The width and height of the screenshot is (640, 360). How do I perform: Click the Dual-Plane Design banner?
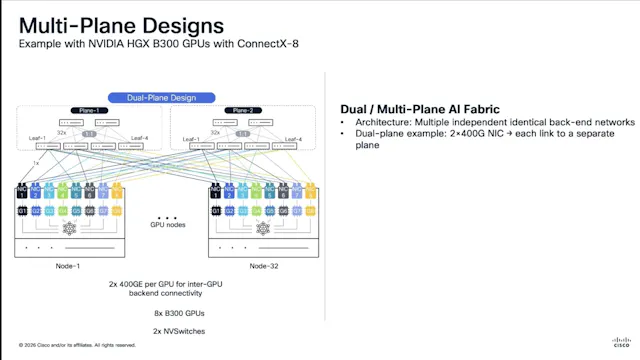click(x=159, y=98)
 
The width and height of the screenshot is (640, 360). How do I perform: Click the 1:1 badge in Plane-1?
click(x=88, y=133)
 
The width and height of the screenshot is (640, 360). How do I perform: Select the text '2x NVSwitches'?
click(x=161, y=329)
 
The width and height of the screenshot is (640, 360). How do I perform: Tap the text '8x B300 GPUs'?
click(x=161, y=312)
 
